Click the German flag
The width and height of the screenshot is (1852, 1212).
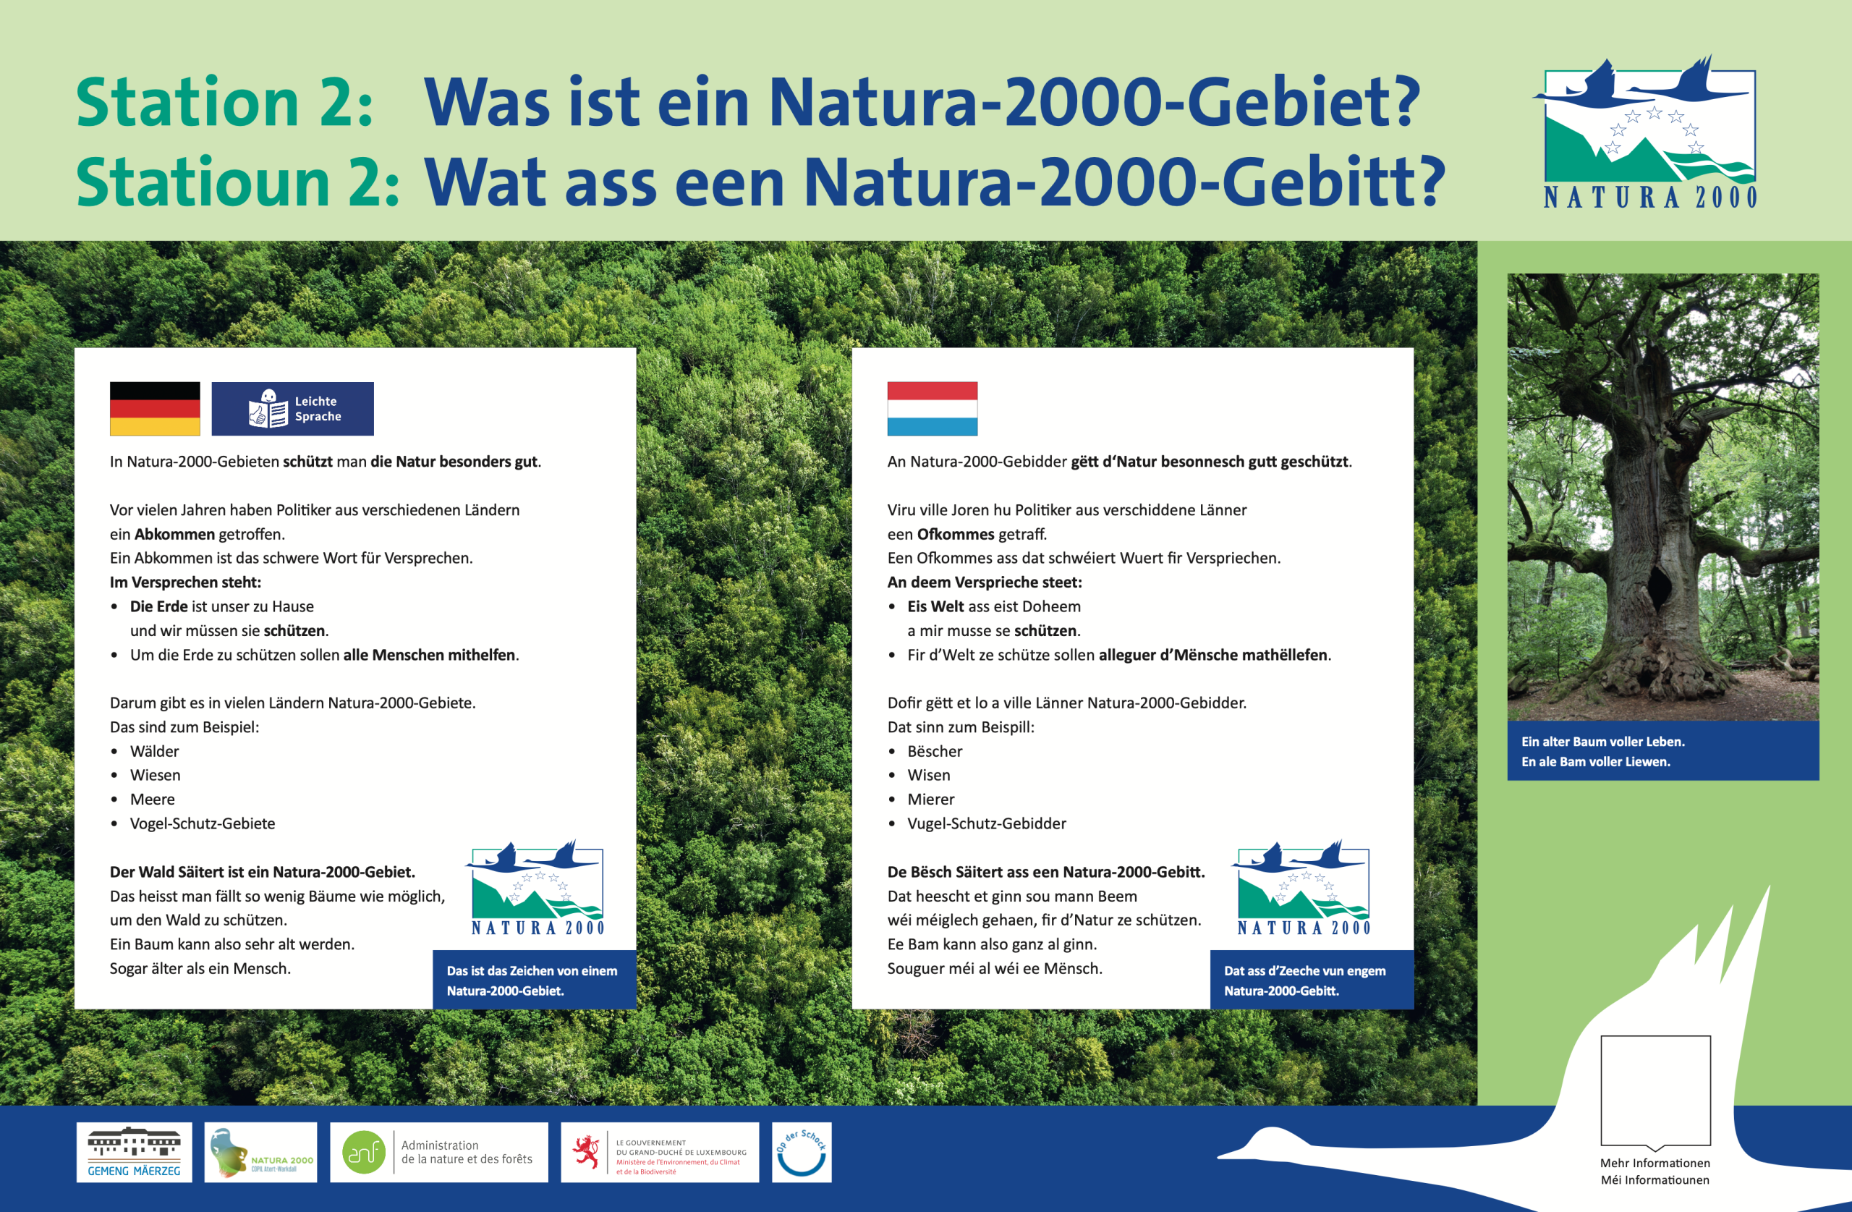pos(155,409)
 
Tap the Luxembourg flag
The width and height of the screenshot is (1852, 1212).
pos(933,409)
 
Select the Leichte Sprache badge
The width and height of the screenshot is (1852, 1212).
pos(292,409)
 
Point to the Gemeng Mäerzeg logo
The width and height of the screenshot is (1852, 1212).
pos(134,1152)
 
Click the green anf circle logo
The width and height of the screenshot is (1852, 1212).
pos(364,1152)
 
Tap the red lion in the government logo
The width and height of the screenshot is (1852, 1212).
pos(586,1152)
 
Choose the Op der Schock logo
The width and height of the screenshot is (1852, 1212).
pos(802,1152)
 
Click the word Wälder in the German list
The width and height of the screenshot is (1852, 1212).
pos(154,751)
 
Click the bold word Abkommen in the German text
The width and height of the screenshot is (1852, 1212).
pos(174,534)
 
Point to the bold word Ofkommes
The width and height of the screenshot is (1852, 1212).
pos(956,534)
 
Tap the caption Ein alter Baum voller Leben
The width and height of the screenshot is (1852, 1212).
pos(1603,742)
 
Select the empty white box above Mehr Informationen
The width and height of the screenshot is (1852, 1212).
pos(1656,1090)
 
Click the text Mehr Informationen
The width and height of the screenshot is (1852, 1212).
pos(1655,1163)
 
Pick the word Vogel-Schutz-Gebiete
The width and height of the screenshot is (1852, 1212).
pos(203,823)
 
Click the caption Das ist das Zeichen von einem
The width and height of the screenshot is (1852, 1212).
pos(532,971)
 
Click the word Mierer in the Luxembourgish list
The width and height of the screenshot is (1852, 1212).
pos(930,800)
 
